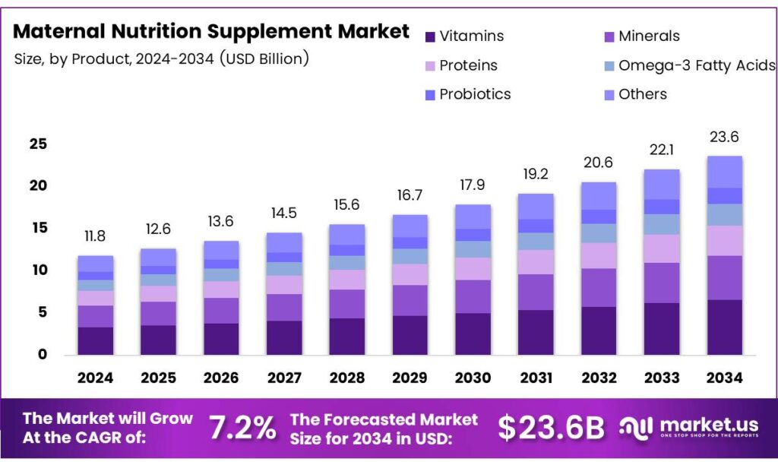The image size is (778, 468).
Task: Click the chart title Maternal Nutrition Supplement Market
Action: (211, 31)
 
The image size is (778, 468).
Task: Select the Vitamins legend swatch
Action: (429, 36)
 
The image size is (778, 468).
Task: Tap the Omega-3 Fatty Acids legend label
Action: (697, 65)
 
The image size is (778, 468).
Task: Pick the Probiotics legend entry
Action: (475, 94)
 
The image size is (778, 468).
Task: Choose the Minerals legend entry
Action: (649, 36)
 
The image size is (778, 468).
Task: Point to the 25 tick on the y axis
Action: (39, 144)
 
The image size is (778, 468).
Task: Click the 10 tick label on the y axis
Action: (39, 270)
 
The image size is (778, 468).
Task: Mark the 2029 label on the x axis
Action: (410, 378)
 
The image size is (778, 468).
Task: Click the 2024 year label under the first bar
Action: (95, 378)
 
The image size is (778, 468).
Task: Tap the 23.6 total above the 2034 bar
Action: (724, 138)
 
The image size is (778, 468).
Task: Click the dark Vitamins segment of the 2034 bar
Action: (724, 327)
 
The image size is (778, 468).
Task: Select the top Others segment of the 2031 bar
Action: (536, 206)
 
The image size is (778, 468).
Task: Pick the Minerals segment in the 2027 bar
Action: (284, 307)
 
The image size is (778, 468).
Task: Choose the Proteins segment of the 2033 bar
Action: (661, 248)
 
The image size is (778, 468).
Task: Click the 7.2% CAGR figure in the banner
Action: (242, 428)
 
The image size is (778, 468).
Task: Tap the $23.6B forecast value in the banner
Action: (552, 428)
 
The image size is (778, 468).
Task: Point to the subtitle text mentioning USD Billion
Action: (161, 59)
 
